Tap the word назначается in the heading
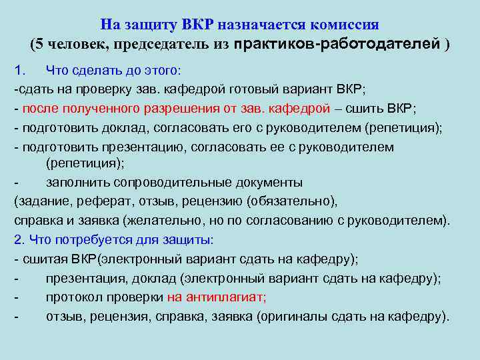click(257, 25)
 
